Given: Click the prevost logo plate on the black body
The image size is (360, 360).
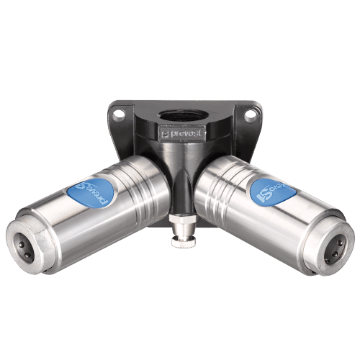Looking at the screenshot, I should tap(183, 132).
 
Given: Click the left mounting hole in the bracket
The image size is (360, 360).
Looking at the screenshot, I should tap(119, 113).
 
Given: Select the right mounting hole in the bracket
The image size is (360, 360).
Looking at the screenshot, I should tap(248, 113).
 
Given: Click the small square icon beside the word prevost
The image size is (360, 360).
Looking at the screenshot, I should tap(166, 133).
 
